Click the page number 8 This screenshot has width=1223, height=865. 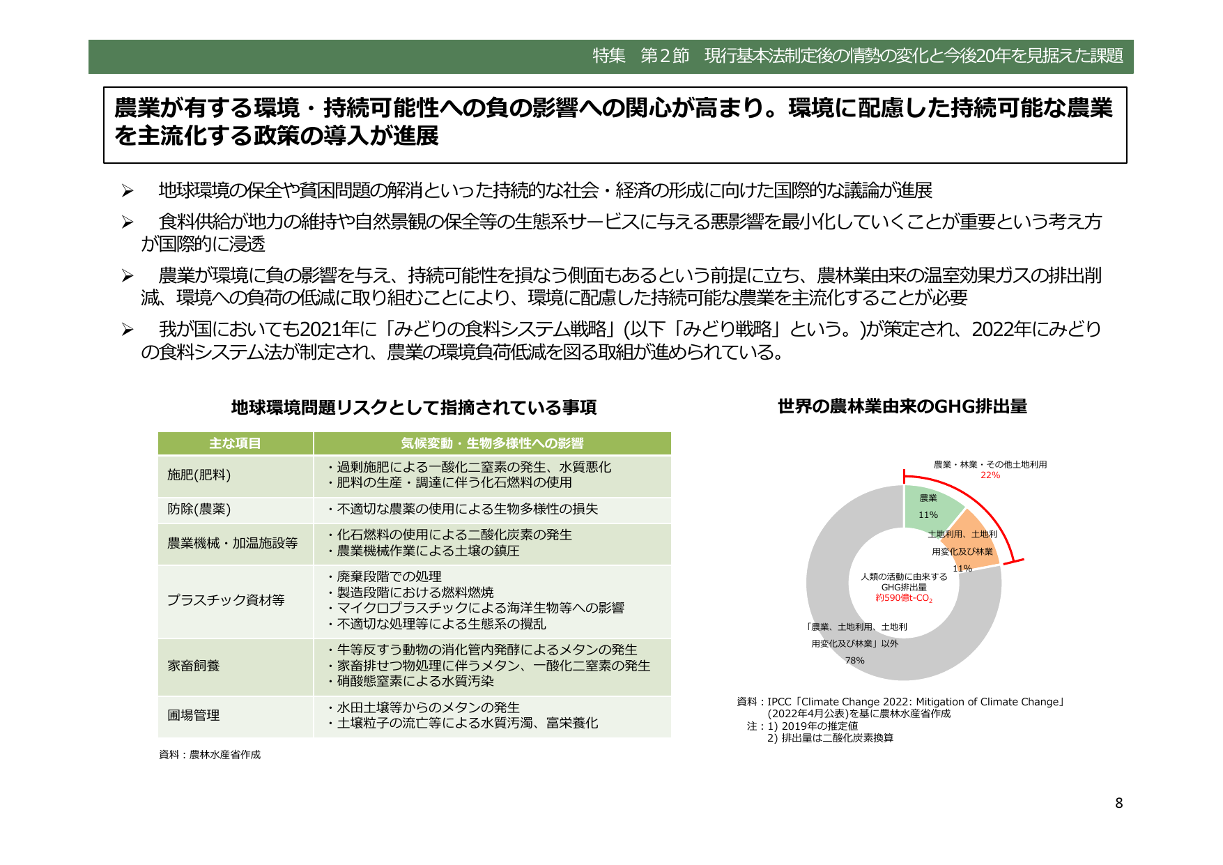pos(1118,803)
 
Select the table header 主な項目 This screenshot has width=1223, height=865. pos(235,443)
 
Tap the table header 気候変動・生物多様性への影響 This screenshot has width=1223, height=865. pos(492,443)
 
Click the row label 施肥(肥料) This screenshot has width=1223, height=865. pos(199,475)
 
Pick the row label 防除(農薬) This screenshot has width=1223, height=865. pos(199,510)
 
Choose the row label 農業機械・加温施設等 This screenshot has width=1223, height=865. pos(232,543)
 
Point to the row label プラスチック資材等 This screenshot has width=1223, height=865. pos(226,600)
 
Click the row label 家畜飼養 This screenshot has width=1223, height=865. pos(193,666)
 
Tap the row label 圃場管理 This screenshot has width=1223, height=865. pos(193,715)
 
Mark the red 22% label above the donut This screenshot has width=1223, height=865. pos(990,475)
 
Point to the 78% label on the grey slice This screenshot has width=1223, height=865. pos(854,661)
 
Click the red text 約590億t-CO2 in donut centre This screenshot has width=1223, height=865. pos(904,598)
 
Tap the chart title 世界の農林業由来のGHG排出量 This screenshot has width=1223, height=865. pos(902,406)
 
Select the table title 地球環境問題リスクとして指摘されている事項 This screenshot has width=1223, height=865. pos(413,408)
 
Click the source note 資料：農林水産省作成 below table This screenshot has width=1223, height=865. pos(210,755)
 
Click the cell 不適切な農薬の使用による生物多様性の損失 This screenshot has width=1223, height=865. pos(467,510)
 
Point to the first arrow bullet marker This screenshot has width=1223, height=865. pos(127,191)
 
